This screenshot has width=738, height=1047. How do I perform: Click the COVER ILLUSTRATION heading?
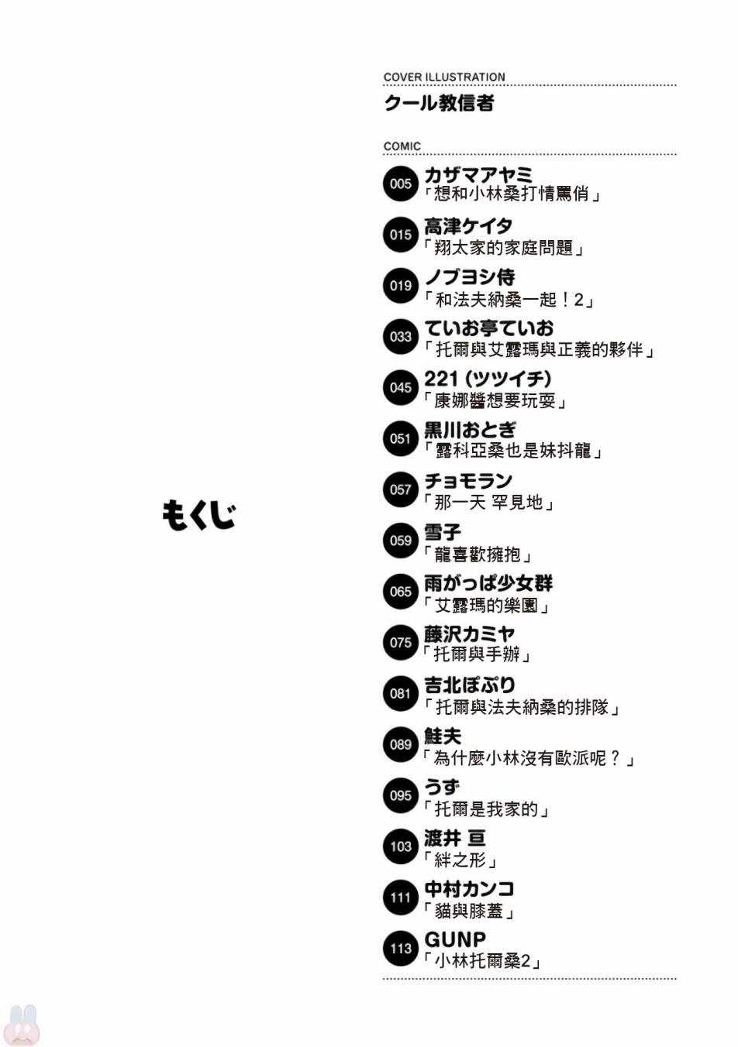[444, 77]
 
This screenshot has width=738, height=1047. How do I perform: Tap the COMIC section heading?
[402, 146]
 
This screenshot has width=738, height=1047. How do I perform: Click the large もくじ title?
[198, 516]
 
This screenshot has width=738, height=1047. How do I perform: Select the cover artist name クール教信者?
[439, 103]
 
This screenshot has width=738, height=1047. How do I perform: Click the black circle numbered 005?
[401, 184]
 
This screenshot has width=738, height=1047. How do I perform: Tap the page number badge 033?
[401, 337]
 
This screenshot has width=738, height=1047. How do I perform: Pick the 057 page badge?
[401, 489]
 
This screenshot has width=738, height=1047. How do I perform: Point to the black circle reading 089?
[401, 744]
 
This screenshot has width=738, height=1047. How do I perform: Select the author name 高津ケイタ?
[468, 226]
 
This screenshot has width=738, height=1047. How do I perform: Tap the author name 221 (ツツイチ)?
[488, 379]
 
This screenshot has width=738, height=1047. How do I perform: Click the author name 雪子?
[443, 532]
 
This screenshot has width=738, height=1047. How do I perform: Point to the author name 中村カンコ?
[469, 889]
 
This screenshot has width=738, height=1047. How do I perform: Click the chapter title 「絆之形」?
[459, 860]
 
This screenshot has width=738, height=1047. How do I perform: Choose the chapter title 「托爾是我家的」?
[485, 808]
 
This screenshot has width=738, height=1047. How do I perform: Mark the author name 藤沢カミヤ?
[469, 633]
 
